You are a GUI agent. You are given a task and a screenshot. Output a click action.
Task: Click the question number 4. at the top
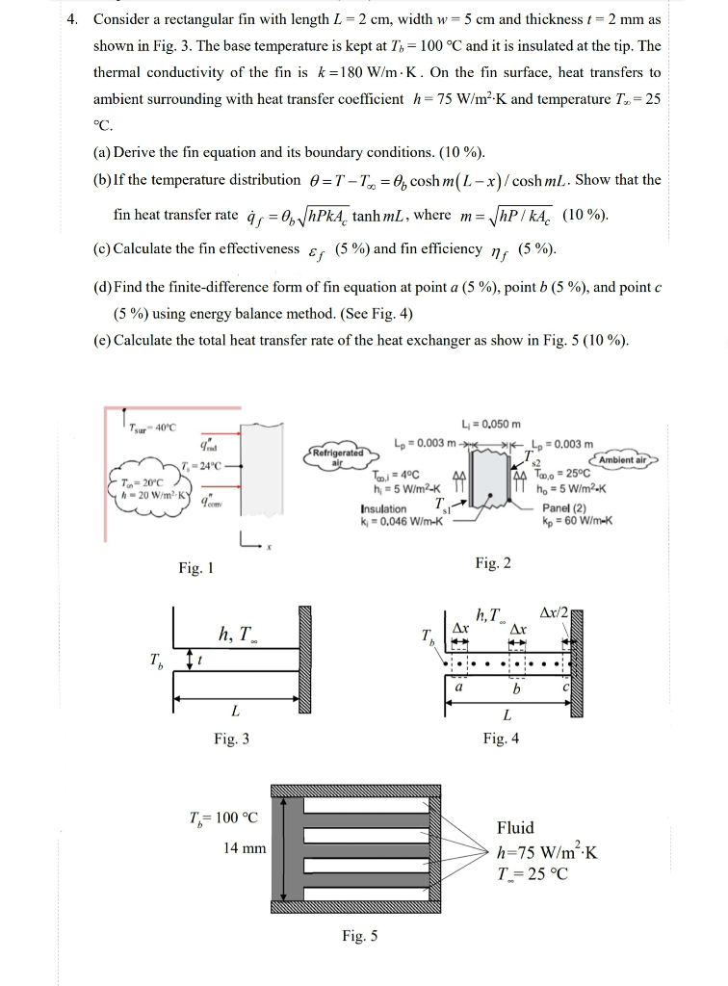(x=77, y=19)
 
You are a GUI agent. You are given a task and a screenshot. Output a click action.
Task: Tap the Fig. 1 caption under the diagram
(x=195, y=568)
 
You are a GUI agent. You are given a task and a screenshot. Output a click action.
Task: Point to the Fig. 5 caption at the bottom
(x=360, y=935)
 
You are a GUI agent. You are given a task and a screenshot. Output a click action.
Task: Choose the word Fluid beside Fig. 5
(x=515, y=828)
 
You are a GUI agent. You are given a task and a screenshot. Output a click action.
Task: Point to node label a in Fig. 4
(x=459, y=688)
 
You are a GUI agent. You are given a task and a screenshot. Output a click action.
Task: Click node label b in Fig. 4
(x=516, y=689)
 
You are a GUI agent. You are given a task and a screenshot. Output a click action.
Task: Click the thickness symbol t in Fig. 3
(x=199, y=660)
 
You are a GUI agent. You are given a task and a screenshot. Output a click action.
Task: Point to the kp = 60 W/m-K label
(x=578, y=522)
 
